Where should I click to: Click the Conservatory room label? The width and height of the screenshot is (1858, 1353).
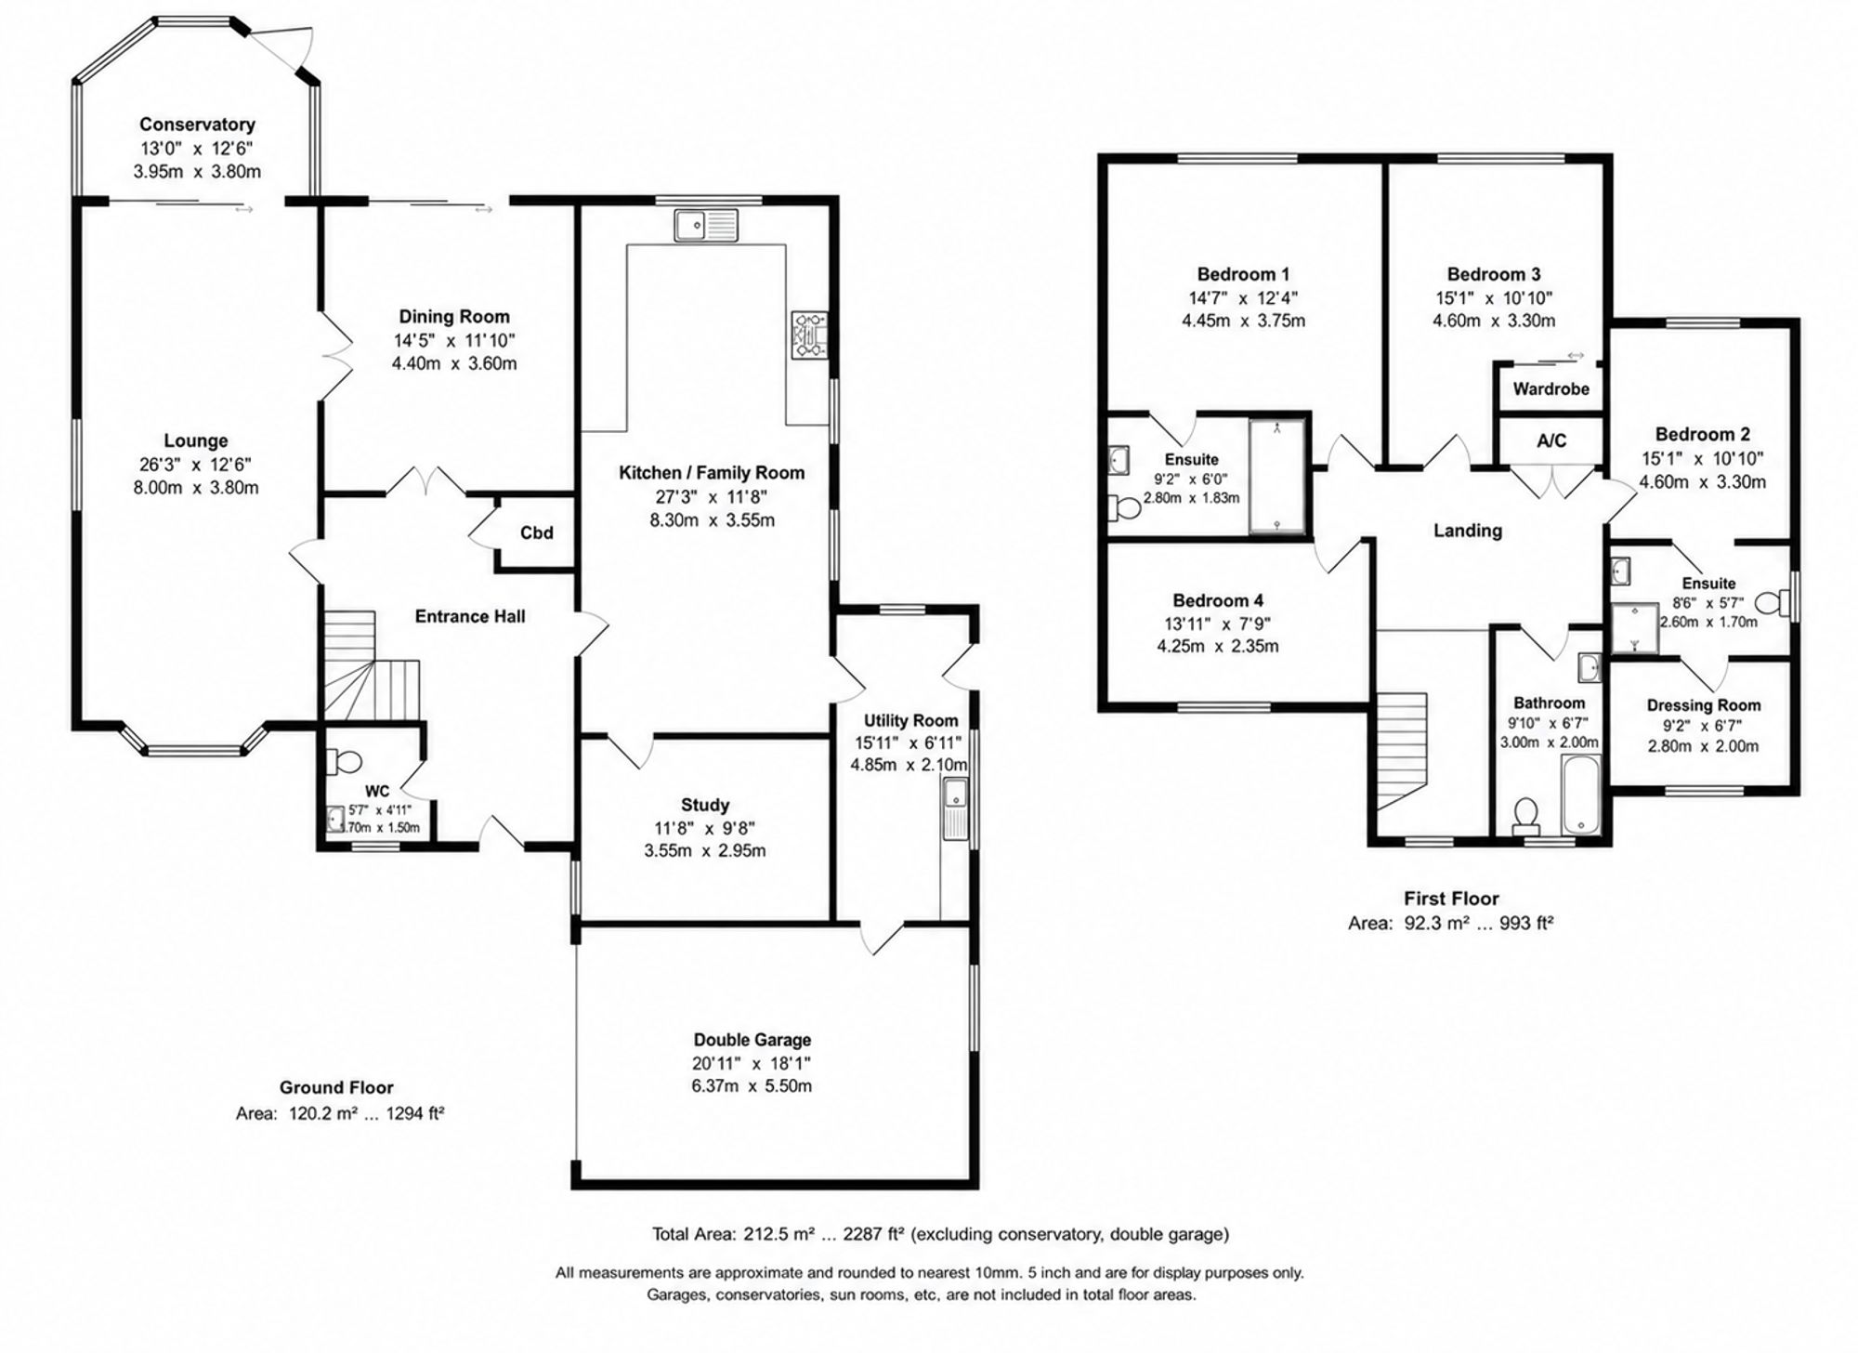(x=197, y=125)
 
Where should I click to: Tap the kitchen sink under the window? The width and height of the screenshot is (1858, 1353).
(x=707, y=226)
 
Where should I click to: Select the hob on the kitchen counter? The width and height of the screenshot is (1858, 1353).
(x=808, y=335)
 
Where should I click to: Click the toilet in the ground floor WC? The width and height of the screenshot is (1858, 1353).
(x=345, y=761)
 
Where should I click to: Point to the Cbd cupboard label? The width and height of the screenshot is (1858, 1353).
(x=536, y=532)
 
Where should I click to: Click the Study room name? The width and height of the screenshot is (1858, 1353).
(x=705, y=805)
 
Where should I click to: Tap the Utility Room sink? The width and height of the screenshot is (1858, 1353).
(x=955, y=808)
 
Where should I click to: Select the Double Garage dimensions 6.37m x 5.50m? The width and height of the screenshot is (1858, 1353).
(x=752, y=1085)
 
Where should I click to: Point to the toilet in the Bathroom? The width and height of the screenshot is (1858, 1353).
(x=1524, y=815)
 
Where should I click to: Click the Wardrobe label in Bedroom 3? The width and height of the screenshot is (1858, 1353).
(x=1551, y=388)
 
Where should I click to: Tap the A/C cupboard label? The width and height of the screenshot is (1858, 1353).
(x=1551, y=440)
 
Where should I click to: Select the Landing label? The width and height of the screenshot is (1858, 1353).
(x=1468, y=531)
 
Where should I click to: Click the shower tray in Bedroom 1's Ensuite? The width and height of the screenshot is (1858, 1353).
(x=1277, y=476)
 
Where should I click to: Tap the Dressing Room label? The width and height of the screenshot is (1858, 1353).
(x=1704, y=705)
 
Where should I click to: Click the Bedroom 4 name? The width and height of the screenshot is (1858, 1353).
(x=1218, y=600)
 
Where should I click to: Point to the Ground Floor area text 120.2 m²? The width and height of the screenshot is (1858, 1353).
(x=317, y=1113)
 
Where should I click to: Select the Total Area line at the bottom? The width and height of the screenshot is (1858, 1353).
(x=940, y=1234)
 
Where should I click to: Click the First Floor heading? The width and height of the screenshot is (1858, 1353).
(x=1451, y=899)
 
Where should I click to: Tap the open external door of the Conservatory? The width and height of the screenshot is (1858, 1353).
(x=275, y=45)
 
